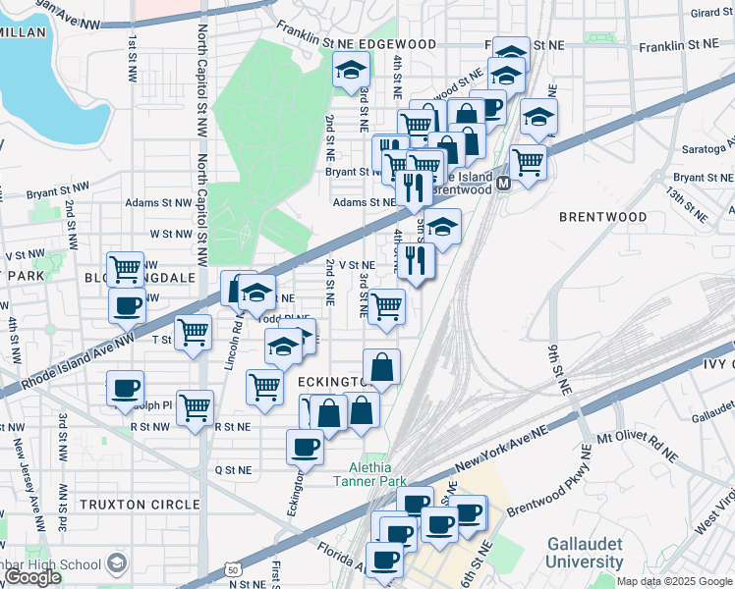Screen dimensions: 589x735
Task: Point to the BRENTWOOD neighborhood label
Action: pos(602,217)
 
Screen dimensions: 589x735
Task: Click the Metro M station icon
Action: pos(503,184)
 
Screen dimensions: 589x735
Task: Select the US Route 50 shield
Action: pos(232,568)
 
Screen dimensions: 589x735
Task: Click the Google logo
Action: pos(33,577)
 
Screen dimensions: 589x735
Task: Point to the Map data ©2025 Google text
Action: pos(675,581)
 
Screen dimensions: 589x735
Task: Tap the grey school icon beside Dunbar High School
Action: pos(117,563)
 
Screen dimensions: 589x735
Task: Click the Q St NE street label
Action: pos(234,470)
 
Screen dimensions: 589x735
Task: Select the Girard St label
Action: pos(711,13)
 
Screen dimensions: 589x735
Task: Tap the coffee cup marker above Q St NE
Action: pos(305,447)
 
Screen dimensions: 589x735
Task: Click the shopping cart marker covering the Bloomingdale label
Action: pos(126,268)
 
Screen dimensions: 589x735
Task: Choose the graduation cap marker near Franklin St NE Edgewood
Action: pos(350,70)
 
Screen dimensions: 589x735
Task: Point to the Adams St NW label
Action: pos(157,203)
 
